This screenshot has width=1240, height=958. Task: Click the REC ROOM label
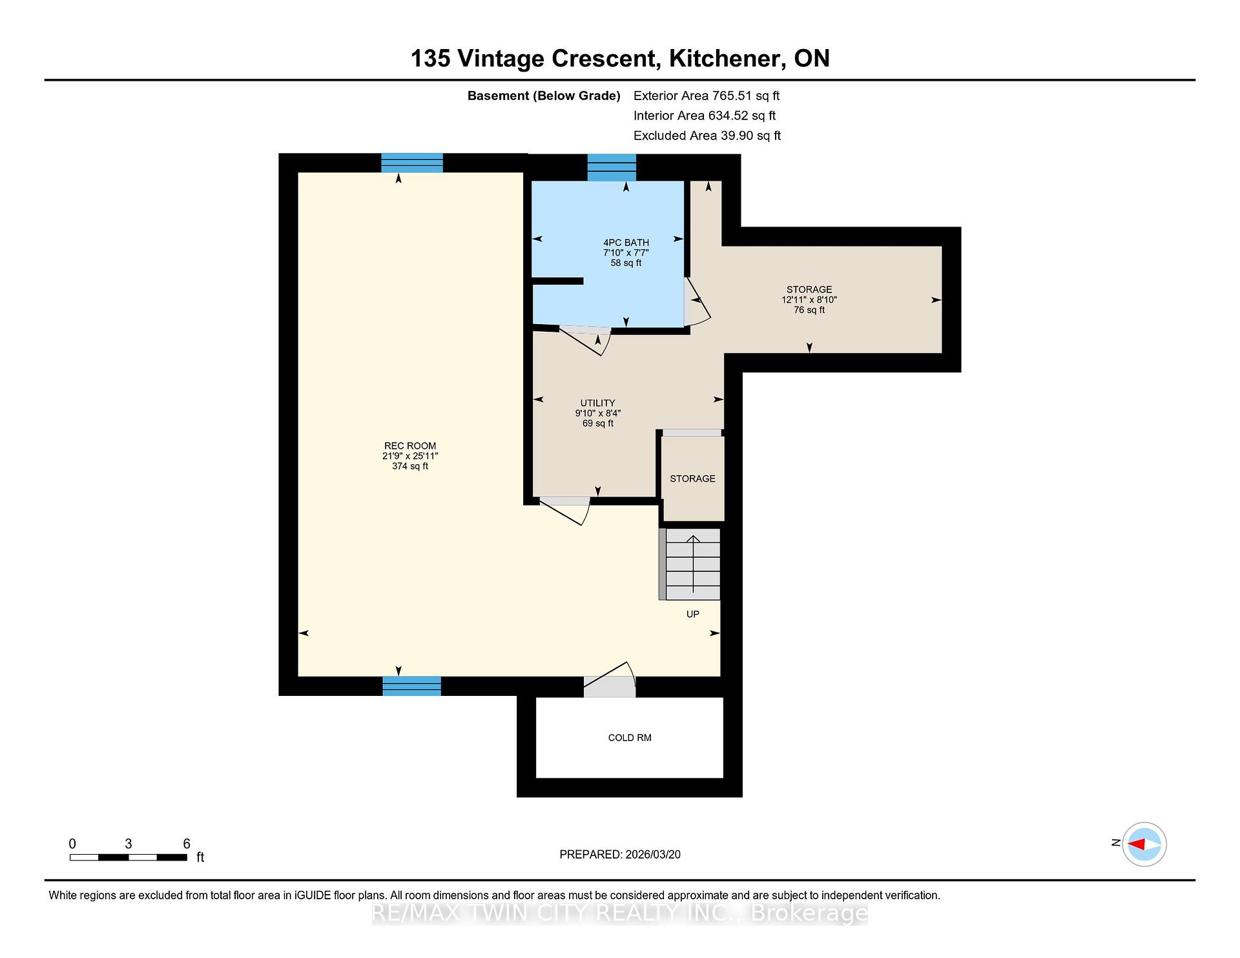(410, 446)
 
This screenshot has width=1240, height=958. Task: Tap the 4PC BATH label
(626, 243)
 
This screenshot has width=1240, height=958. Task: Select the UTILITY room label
(597, 403)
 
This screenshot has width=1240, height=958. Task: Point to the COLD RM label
(630, 738)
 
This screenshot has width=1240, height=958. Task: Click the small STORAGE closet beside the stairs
(692, 478)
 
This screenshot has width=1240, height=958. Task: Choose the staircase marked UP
(690, 564)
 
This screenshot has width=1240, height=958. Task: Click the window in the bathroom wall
(612, 168)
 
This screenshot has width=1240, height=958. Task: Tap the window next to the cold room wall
(412, 686)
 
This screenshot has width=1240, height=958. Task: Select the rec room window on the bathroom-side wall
(412, 163)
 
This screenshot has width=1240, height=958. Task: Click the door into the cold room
(610, 680)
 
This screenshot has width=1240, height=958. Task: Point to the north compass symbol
(1144, 844)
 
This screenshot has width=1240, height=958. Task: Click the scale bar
(129, 857)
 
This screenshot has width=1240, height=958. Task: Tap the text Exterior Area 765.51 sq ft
(707, 96)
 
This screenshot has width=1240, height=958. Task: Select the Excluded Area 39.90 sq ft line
(707, 136)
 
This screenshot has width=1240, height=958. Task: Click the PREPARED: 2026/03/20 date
(620, 855)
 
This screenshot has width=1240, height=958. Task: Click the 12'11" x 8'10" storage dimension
(809, 300)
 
